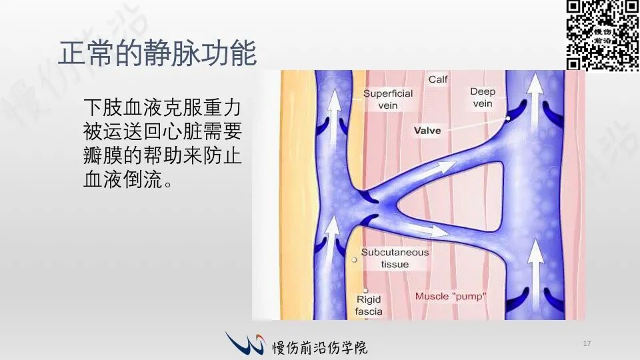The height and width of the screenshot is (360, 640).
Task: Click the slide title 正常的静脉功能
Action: point(157,53)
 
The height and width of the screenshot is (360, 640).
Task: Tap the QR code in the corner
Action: point(603,35)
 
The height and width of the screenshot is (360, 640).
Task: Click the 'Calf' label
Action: point(438,79)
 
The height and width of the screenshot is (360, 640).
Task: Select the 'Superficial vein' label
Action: point(388,99)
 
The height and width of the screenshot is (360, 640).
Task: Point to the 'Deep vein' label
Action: point(483,97)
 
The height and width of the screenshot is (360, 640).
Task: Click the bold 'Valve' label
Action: point(427,131)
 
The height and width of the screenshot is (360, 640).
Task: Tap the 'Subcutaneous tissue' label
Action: point(395,258)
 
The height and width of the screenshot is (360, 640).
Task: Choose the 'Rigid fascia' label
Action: point(369,305)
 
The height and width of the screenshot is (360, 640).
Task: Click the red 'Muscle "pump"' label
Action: point(451,296)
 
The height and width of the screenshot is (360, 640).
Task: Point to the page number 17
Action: point(587,343)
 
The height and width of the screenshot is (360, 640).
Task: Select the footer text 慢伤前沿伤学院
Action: point(320,347)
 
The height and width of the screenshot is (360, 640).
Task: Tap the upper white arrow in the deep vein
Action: point(535,101)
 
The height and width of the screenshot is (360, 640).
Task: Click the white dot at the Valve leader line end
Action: point(508,119)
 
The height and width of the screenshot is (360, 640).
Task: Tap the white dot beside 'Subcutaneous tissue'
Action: point(354,259)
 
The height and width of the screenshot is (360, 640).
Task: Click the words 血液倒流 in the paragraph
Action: point(123,179)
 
